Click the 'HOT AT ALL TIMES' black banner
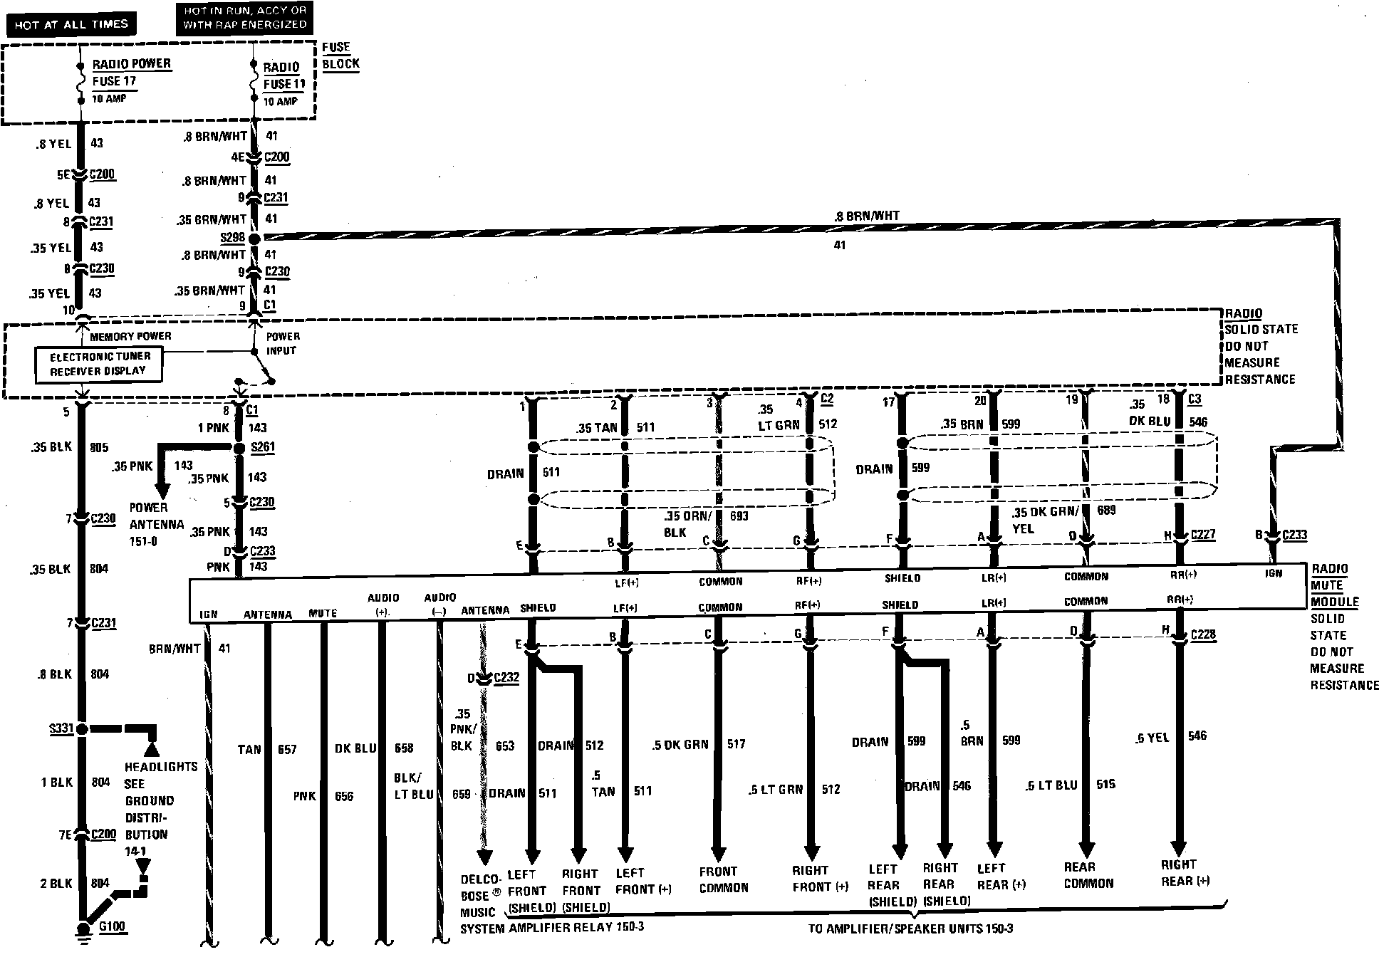coord(71,24)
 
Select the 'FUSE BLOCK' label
coord(340,56)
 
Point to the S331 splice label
coord(61,728)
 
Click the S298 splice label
coord(232,237)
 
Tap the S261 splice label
coord(263,447)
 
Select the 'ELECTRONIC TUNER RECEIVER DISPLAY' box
coord(98,364)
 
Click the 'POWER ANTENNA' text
coord(156,516)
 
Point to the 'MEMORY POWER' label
coord(130,336)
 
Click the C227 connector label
coord(1203,535)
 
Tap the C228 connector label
coord(1202,634)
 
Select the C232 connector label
coord(506,677)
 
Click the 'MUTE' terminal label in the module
coord(323,613)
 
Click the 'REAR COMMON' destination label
coord(1088,875)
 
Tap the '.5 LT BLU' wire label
coord(1051,785)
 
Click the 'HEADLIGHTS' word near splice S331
coord(161,767)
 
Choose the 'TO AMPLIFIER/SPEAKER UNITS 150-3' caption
coord(910,929)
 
